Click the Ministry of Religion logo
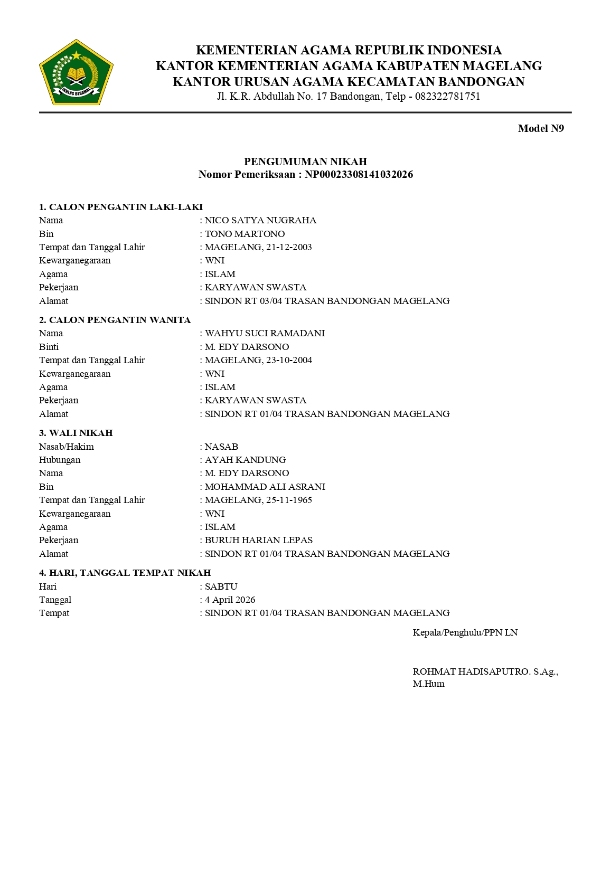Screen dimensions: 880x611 pyautogui.click(x=77, y=72)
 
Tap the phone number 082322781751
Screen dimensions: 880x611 pyautogui.click(x=447, y=97)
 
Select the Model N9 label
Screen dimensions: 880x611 pyautogui.click(x=541, y=128)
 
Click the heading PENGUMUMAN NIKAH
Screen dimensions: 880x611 pyautogui.click(x=305, y=162)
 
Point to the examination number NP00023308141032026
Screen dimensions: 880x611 pyautogui.click(x=359, y=175)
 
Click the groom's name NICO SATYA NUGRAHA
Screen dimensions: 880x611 pyautogui.click(x=260, y=220)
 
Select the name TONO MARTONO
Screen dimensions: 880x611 pyautogui.click(x=245, y=234)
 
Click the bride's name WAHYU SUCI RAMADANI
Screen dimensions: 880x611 pyautogui.click(x=265, y=333)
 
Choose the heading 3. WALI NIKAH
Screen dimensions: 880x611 pyautogui.click(x=76, y=433)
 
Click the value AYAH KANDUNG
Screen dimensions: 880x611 pyautogui.click(x=245, y=460)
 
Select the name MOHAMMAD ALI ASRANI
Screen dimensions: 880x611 pyautogui.click(x=265, y=487)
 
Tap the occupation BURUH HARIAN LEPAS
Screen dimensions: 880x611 pyautogui.click(x=259, y=540)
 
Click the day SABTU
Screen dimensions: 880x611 pyautogui.click(x=221, y=586)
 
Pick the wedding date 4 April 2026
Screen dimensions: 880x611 pyautogui.click(x=230, y=600)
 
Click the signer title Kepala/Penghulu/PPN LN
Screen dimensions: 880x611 pyautogui.click(x=465, y=632)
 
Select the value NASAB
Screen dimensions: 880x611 pyautogui.click(x=221, y=447)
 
